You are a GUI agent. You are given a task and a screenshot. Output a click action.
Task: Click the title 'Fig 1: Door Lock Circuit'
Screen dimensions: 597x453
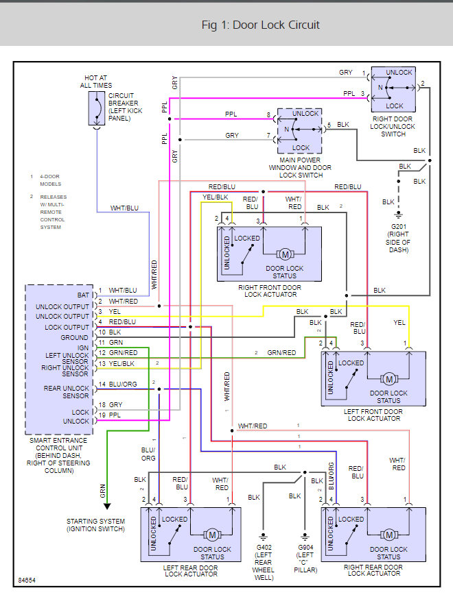pyautogui.click(x=260, y=25)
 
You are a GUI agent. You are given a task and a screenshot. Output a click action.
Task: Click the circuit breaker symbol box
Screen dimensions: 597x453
pyautogui.click(x=96, y=108)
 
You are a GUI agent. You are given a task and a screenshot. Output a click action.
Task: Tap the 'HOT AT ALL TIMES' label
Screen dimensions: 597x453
pyautogui.click(x=96, y=82)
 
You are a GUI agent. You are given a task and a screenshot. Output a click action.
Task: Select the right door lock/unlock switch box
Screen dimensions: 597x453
pyautogui.click(x=393, y=89)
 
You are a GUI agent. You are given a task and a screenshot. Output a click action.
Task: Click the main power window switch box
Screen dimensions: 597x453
pyautogui.click(x=300, y=130)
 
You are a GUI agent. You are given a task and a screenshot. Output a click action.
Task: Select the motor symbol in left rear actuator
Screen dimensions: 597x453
pyautogui.click(x=213, y=535)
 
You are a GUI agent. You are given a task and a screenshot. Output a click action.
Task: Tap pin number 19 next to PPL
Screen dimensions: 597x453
pyautogui.click(x=101, y=415)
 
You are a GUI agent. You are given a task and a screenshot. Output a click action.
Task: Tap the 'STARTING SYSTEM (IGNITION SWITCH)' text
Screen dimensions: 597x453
pyautogui.click(x=96, y=525)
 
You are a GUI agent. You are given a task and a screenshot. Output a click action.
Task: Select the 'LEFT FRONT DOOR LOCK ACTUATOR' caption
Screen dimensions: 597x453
pyautogui.click(x=373, y=415)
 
